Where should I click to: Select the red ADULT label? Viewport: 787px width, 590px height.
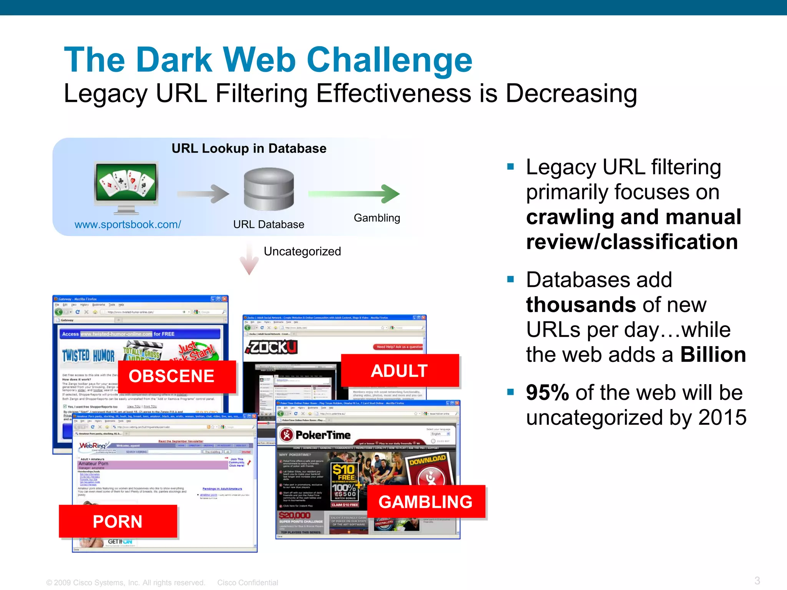(400, 371)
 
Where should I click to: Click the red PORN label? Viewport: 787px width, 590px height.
(118, 521)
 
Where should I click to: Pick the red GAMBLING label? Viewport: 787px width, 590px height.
(426, 502)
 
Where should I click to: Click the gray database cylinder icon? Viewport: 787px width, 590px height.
(269, 189)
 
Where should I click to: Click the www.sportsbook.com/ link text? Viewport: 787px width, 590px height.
(128, 224)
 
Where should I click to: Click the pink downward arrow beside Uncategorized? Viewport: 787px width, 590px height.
(249, 259)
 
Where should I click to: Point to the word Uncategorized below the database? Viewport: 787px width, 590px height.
(302, 251)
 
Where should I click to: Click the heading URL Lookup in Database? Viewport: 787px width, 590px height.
(249, 148)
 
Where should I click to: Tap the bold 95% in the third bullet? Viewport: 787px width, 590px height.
(547, 393)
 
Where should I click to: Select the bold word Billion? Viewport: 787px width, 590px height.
(713, 355)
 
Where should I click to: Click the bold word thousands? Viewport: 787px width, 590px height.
(581, 305)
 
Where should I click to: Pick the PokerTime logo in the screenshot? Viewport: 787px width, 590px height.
(315, 435)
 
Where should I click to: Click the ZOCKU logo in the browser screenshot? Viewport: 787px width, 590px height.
(271, 347)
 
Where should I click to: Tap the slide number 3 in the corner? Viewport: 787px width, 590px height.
(757, 580)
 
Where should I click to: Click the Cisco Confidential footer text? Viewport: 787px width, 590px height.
(247, 583)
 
